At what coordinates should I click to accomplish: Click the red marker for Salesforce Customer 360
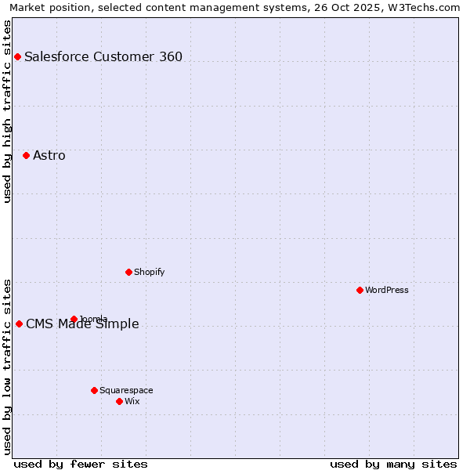(17, 56)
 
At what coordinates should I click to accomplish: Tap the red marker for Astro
(26, 155)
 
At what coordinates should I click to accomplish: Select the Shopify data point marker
(128, 272)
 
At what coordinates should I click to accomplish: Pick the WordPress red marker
(360, 290)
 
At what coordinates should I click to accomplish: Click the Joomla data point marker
(74, 319)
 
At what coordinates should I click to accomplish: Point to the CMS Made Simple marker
(19, 324)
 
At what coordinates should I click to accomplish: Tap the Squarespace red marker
(94, 390)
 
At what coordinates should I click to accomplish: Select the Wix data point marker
(119, 401)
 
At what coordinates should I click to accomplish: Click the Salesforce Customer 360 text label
(103, 56)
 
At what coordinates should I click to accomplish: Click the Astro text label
(49, 155)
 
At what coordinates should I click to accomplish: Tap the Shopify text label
(149, 272)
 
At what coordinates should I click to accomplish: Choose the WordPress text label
(387, 290)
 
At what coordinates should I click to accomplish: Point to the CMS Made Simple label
(82, 324)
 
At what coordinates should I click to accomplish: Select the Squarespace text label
(126, 390)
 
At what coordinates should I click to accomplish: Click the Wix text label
(132, 401)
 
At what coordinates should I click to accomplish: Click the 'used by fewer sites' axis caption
(81, 464)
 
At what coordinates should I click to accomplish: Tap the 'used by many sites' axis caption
(393, 464)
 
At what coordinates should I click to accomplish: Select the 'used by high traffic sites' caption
(7, 111)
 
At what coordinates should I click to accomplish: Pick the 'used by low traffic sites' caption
(7, 367)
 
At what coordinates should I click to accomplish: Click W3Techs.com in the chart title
(428, 7)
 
